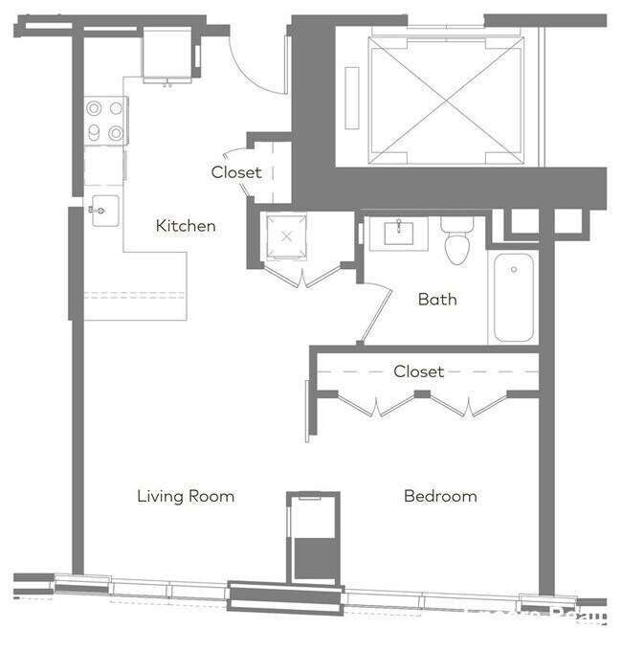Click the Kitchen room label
point(186,226)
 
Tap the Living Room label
point(186,496)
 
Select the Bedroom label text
point(440,496)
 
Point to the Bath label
point(437,300)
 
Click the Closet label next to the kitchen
point(236,173)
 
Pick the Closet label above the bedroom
point(419,371)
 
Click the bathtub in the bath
point(514,297)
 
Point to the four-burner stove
point(105,122)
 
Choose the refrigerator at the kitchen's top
point(167,55)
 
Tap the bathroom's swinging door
point(375,314)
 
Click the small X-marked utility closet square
point(286,236)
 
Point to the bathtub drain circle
point(514,270)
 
